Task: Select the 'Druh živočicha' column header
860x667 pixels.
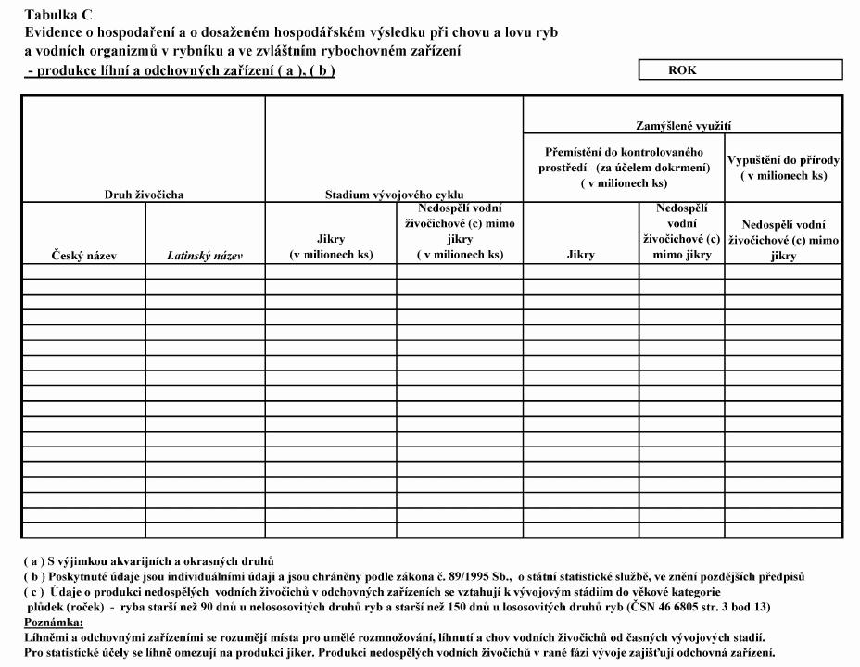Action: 144,195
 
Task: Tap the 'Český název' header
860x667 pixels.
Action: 83,255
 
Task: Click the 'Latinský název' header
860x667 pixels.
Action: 205,256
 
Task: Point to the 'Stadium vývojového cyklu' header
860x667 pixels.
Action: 394,195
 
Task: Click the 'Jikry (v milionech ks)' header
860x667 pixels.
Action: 331,246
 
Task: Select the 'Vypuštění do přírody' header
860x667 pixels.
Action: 783,167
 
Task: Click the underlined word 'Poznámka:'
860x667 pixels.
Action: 54,622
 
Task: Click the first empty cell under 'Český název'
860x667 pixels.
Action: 83,271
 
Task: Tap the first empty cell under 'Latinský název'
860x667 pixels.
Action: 205,271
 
